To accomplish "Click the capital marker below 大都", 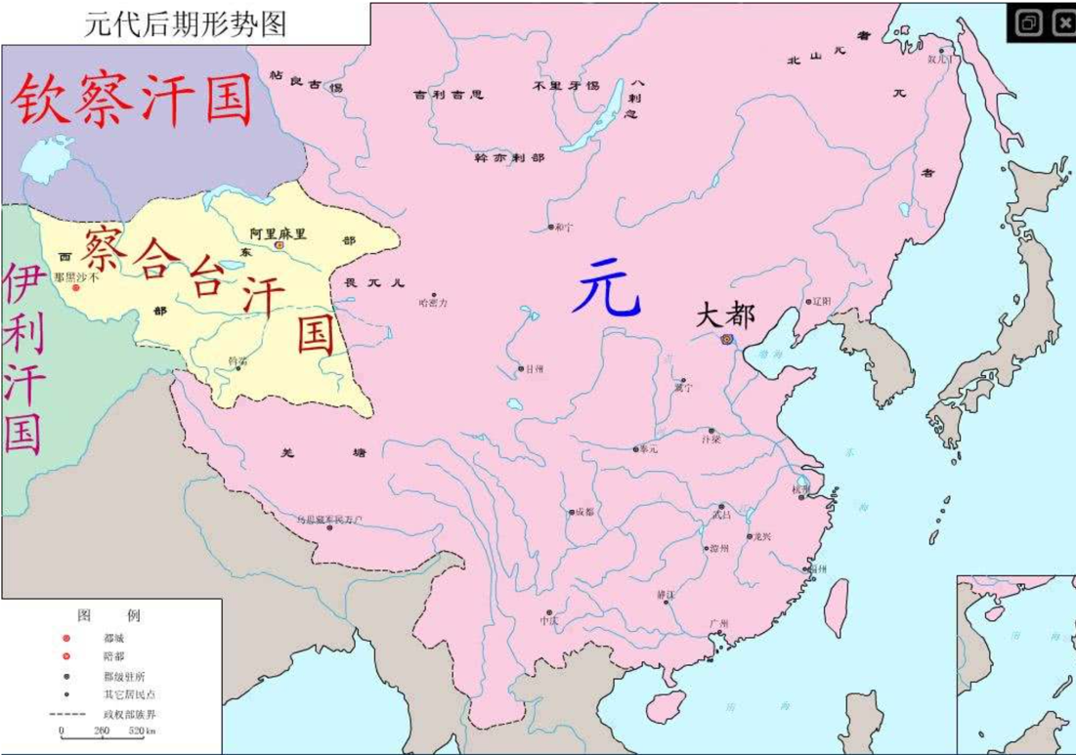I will coord(726,339).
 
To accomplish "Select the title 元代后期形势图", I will coord(186,24).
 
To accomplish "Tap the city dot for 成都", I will coord(572,511).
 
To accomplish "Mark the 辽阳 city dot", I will coord(808,302).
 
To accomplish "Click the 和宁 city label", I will coord(563,227).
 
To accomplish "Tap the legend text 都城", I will coord(113,638).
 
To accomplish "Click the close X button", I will coord(1063,23).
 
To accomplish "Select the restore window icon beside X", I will coord(1028,23).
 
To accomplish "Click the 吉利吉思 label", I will coord(448,95).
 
